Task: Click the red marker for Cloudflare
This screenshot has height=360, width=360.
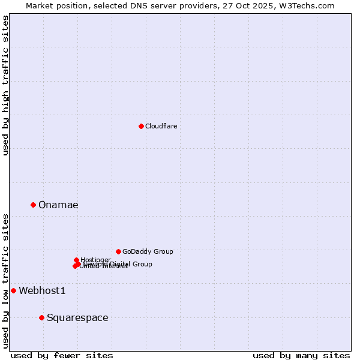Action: pyautogui.click(x=141, y=126)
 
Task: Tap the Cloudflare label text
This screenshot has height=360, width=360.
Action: pyautogui.click(x=161, y=126)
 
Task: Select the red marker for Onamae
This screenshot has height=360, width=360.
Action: pyautogui.click(x=33, y=205)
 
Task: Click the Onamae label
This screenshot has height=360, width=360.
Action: pyautogui.click(x=58, y=205)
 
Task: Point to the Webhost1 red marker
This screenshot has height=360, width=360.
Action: pyautogui.click(x=13, y=290)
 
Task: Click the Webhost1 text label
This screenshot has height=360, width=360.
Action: pyautogui.click(x=42, y=291)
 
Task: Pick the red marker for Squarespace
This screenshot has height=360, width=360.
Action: pyautogui.click(x=41, y=317)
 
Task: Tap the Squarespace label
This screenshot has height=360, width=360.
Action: pyautogui.click(x=77, y=318)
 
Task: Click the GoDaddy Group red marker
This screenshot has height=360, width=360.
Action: pyautogui.click(x=118, y=251)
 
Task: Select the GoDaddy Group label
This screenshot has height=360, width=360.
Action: pyautogui.click(x=148, y=252)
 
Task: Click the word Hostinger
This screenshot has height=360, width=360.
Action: pyautogui.click(x=95, y=260)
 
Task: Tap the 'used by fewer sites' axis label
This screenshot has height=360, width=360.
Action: pyautogui.click(x=62, y=356)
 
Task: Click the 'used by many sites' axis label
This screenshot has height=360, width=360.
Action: pyautogui.click(x=301, y=356)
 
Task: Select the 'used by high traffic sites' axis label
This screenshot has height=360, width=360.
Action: pyautogui.click(x=5, y=86)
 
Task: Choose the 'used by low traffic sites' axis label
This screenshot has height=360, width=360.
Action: pyautogui.click(x=5, y=280)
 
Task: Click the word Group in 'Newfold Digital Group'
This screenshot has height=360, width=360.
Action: pyautogui.click(x=142, y=264)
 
